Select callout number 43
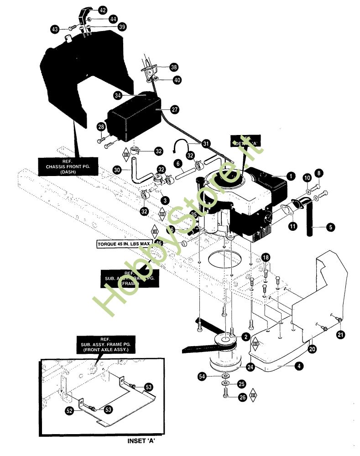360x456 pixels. (x=55, y=29)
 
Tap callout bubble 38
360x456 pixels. (x=173, y=67)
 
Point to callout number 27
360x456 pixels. (x=174, y=109)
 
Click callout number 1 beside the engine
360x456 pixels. (x=289, y=175)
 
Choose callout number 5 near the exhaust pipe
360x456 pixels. (x=330, y=227)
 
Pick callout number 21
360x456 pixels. (x=340, y=335)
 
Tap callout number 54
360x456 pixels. (x=202, y=376)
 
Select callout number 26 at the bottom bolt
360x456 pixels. (x=242, y=397)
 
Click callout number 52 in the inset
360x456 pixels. (x=69, y=411)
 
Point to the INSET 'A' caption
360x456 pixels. (x=145, y=441)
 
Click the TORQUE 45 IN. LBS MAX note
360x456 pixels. (x=124, y=244)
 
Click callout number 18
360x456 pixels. (x=266, y=258)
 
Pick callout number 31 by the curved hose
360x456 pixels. (x=206, y=144)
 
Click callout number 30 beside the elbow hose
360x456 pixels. (x=117, y=169)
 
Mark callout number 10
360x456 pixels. (x=307, y=177)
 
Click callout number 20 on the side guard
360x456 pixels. (x=312, y=349)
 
